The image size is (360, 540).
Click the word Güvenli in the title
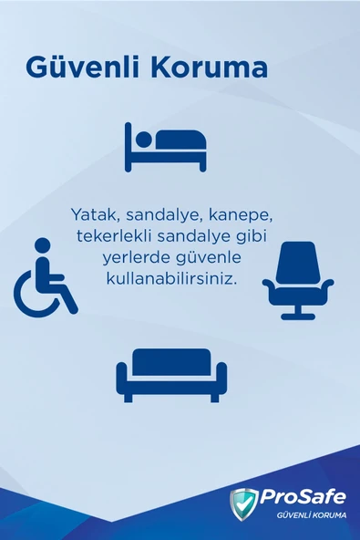coord(79,68)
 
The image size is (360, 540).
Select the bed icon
coord(166,146)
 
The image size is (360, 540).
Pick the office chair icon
coord(298,280)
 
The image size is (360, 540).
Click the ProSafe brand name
coord(303,497)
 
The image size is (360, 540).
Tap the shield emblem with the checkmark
coord(243,504)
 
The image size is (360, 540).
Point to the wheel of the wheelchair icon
coord(34,294)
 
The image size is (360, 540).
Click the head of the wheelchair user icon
coord(43,244)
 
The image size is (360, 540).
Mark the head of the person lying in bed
coord(141,139)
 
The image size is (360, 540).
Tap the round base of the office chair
coord(298,316)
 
